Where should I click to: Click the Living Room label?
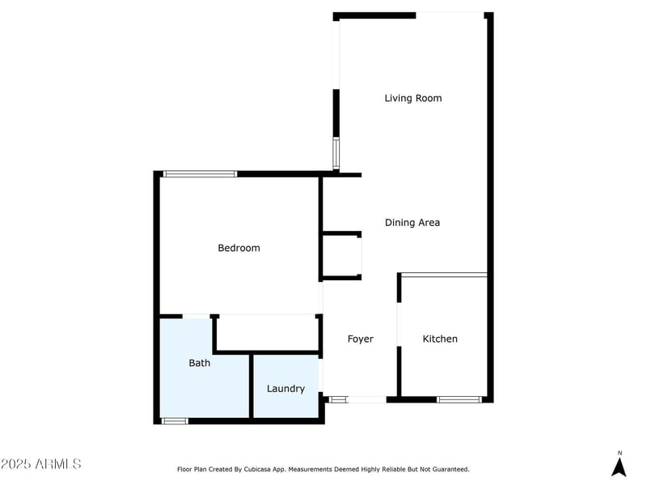tap(413, 98)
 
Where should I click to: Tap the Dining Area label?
tap(412, 223)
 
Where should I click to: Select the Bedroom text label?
tap(239, 248)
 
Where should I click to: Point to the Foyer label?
tap(360, 339)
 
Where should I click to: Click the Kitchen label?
tap(440, 339)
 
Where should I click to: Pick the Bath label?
tap(199, 363)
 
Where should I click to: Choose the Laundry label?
tap(285, 389)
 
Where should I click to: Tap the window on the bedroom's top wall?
tap(200, 174)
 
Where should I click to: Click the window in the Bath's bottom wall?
tap(174, 421)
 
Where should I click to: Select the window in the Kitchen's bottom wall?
tap(459, 399)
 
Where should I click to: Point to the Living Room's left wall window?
tap(336, 153)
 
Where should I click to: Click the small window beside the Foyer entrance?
tap(338, 399)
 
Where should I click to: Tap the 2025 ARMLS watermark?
tap(41, 463)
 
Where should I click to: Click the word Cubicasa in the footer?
tap(256, 470)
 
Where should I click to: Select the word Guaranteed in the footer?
tap(452, 470)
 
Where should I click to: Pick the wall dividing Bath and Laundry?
tap(252, 386)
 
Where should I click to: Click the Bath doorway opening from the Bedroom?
tap(196, 317)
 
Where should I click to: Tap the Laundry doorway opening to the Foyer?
tap(320, 375)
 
